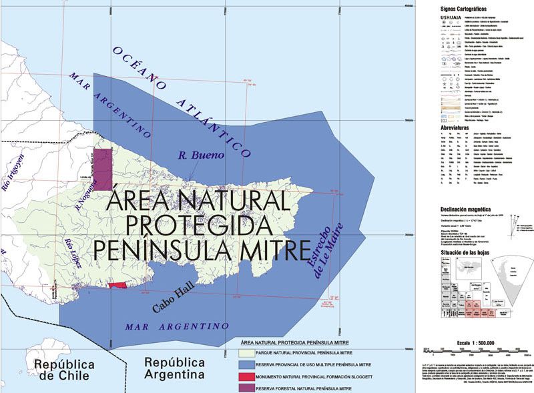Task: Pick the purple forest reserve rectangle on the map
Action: coord(101,169)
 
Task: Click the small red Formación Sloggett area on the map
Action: coord(117,285)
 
